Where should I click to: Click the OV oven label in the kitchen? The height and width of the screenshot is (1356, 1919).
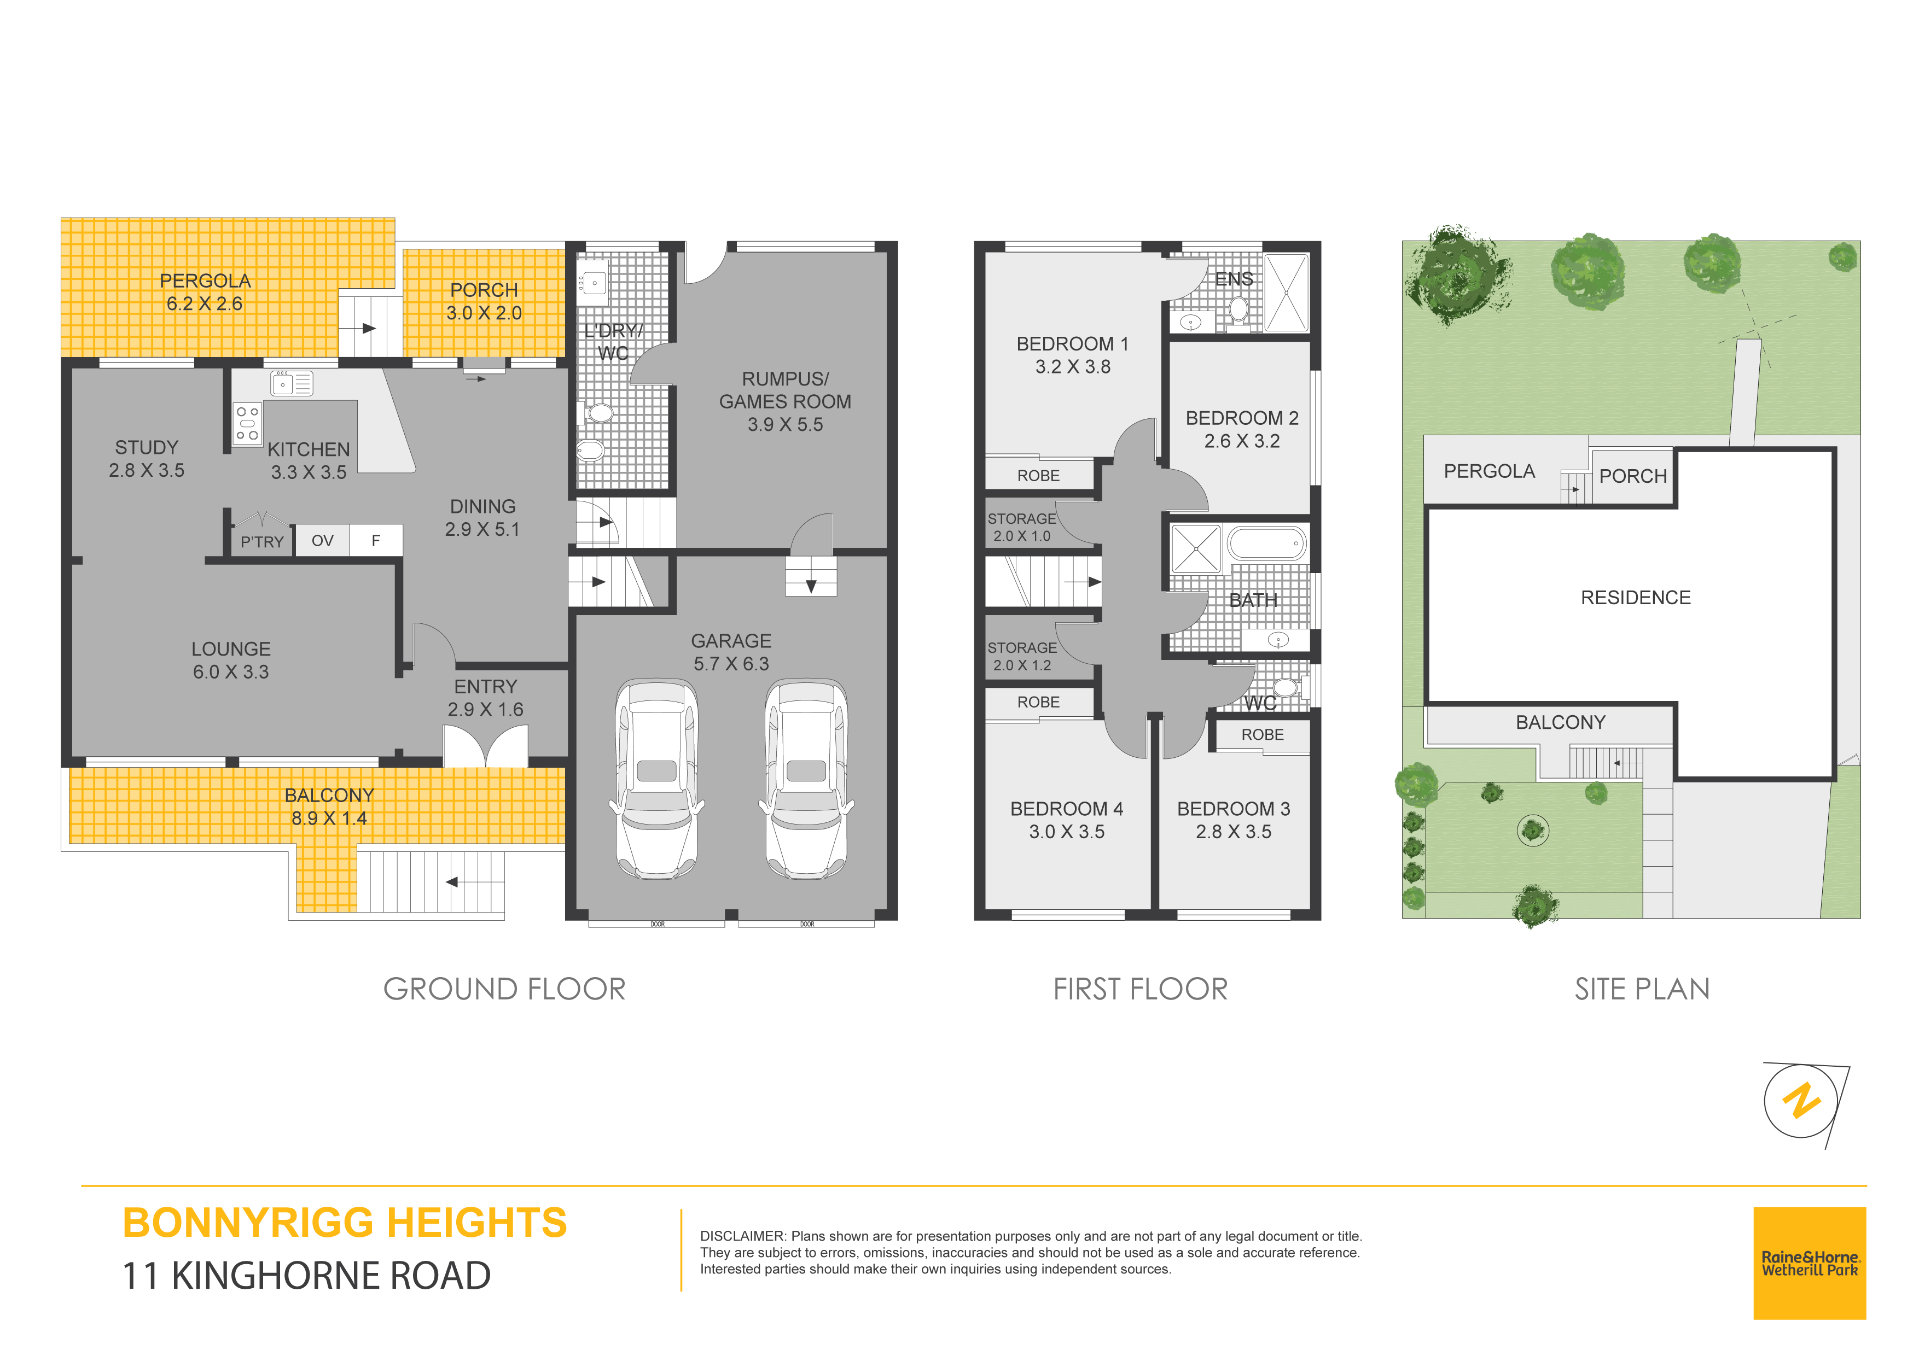pos(323,541)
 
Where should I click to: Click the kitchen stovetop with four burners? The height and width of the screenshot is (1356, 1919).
pos(247,424)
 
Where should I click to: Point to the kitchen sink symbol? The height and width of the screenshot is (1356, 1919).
pos(292,383)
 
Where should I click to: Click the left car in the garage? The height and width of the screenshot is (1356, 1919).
pos(657,779)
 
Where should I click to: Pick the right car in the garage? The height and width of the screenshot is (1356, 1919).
pos(806,779)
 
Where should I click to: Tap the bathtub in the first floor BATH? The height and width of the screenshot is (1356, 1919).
pos(1267,543)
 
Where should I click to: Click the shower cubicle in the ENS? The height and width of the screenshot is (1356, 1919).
pos(1286,293)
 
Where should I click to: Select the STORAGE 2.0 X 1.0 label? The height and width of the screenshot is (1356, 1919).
pos(1022,527)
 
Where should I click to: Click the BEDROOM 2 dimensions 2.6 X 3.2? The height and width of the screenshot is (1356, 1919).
pos(1242,441)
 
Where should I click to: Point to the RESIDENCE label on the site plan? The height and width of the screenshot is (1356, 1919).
pos(1636,598)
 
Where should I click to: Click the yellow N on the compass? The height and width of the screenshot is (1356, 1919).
pos(1801,1100)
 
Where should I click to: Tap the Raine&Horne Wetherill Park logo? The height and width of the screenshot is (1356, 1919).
pos(1810,1263)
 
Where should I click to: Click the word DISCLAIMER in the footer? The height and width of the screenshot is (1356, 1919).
pos(742,1236)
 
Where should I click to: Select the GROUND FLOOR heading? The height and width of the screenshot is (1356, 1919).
pos(504,989)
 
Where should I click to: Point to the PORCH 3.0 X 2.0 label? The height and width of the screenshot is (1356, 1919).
pos(484,302)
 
